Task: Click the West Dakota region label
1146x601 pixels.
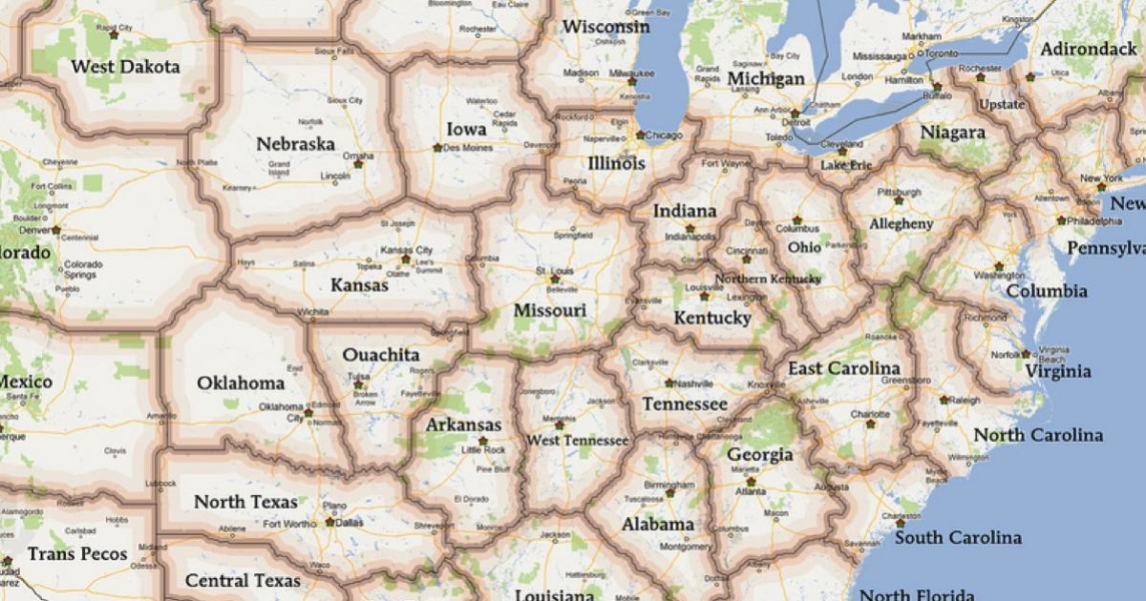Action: (x=125, y=68)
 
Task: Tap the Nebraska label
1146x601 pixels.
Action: (x=295, y=144)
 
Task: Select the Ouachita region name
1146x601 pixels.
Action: (x=381, y=355)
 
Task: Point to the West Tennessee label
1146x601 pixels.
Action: (x=578, y=440)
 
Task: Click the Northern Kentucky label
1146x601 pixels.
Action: (x=768, y=280)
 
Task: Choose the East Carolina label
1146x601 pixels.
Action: (x=843, y=368)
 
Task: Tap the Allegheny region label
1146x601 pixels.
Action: (x=902, y=223)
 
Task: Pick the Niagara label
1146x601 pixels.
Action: (x=952, y=133)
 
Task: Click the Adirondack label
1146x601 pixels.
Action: (x=1089, y=49)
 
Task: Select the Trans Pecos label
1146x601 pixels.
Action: (x=77, y=553)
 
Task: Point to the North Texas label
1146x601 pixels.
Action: (x=245, y=502)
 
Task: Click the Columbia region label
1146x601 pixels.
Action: (x=1047, y=291)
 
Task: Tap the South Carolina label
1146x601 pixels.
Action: (x=958, y=538)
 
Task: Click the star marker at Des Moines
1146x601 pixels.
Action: (x=437, y=148)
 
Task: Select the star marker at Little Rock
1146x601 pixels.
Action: (x=482, y=441)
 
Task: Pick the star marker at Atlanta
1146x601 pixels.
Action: (x=751, y=482)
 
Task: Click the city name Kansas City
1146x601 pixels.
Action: (x=407, y=250)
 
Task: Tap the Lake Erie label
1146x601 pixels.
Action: (x=846, y=165)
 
